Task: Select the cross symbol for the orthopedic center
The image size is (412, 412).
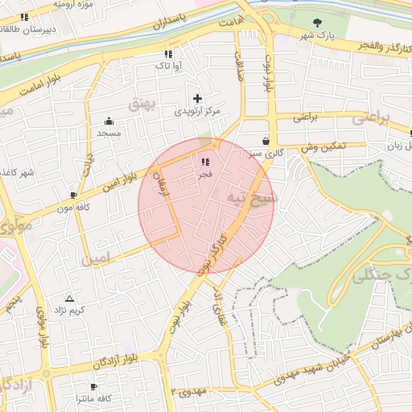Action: point(197,98)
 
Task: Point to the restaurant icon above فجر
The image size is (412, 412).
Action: point(204,162)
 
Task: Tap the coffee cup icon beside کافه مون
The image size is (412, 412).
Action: point(74,195)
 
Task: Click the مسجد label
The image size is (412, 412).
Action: point(109,132)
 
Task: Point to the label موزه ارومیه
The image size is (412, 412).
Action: point(72,5)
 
